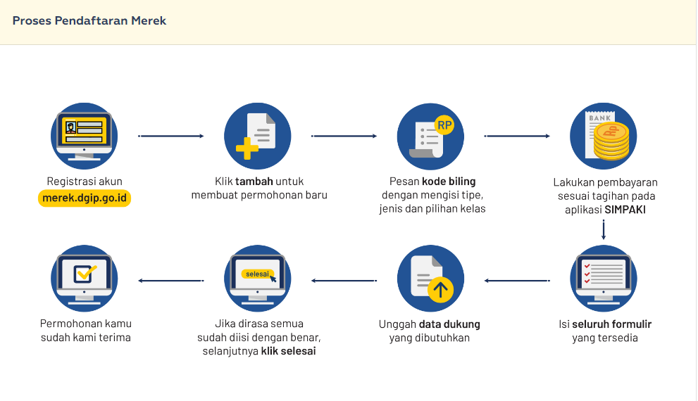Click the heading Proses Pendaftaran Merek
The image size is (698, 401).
[x=89, y=20]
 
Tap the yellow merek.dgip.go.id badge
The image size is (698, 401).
[x=85, y=198]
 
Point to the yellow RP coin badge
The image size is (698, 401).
[x=444, y=125]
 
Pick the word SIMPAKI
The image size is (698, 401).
[x=625, y=210]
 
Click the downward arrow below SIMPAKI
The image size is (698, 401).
[x=604, y=230]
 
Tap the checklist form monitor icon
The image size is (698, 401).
[x=604, y=278]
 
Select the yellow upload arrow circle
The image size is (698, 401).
[x=441, y=289]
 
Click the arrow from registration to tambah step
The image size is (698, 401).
[x=171, y=136]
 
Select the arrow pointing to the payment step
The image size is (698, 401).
[x=518, y=136]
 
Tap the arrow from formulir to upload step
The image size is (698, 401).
[x=518, y=281]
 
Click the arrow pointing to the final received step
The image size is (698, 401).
[x=171, y=281]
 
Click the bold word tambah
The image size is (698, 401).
[x=254, y=182]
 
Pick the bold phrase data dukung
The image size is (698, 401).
[x=449, y=324]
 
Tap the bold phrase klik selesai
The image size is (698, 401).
[x=288, y=351]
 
